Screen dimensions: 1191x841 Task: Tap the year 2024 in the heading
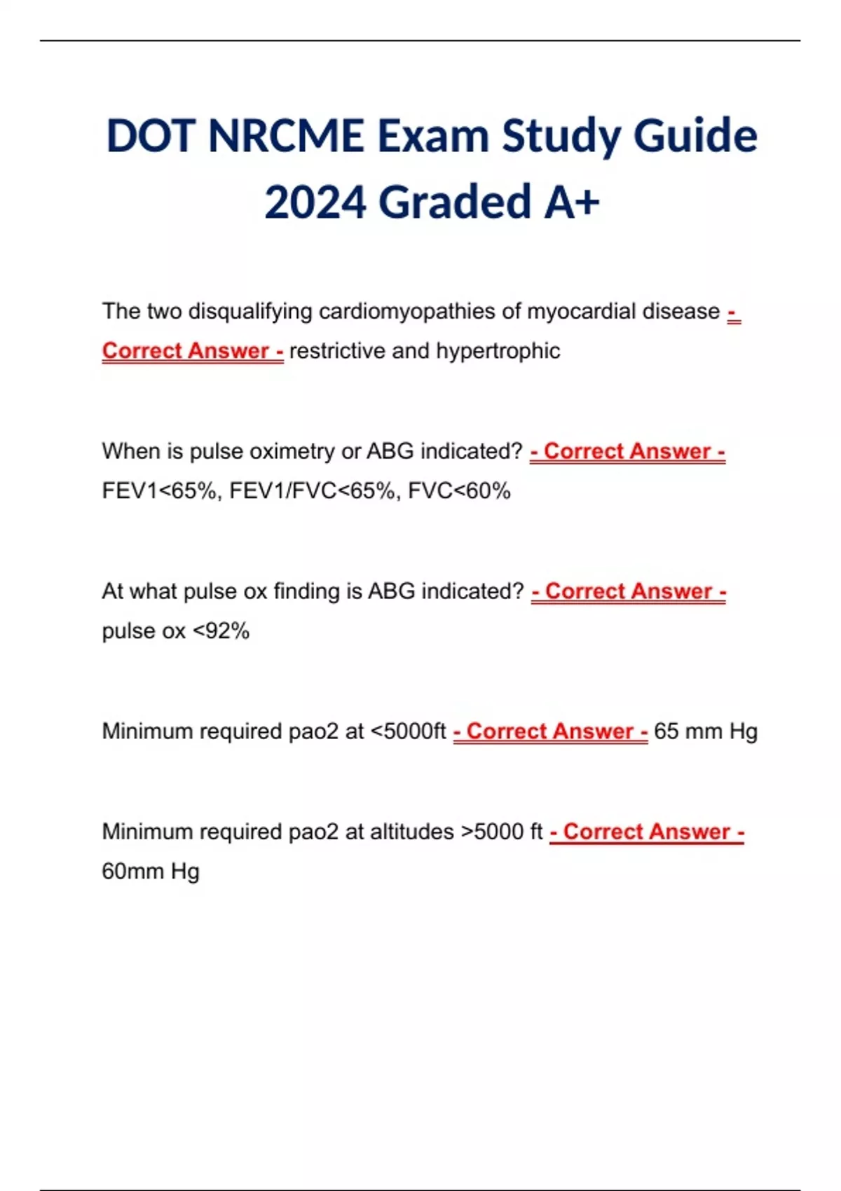point(315,202)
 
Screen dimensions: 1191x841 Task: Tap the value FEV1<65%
point(163,490)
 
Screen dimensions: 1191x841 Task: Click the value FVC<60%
point(459,490)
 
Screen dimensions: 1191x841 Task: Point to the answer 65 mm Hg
point(705,731)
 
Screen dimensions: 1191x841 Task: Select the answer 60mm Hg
point(151,872)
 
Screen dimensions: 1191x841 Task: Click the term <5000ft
point(408,731)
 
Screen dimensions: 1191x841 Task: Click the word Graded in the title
point(456,202)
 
